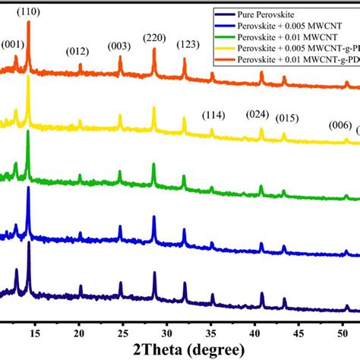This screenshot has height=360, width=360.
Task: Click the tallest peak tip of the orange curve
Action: click(x=29, y=23)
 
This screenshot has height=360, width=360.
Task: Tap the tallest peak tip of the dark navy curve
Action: click(x=29, y=242)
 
